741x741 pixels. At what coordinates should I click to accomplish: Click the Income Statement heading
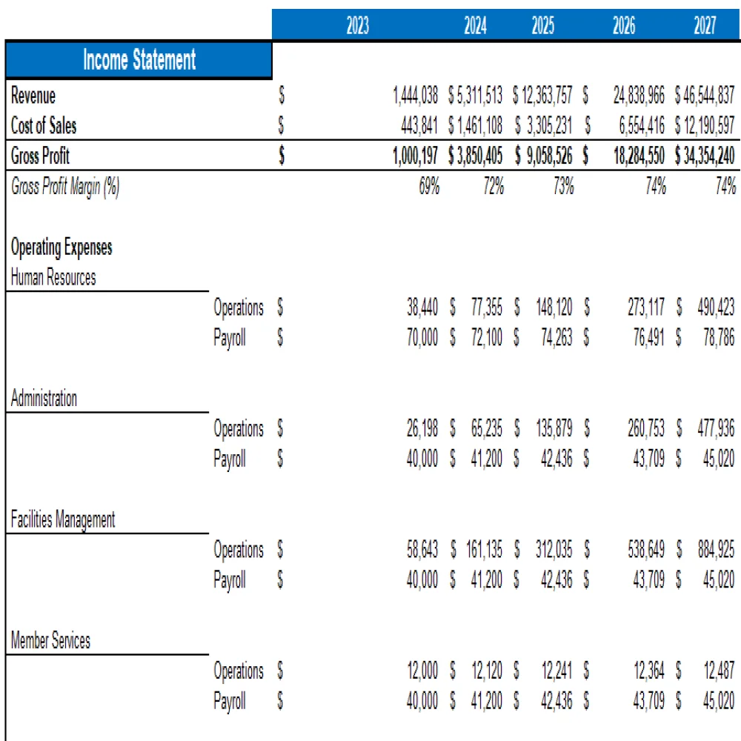pos(139,60)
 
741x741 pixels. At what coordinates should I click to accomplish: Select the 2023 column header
pos(358,27)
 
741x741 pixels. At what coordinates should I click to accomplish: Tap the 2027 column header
pos(705,27)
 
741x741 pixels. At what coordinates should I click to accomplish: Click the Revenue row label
pos(33,96)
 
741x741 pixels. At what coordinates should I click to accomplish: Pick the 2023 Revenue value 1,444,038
pos(417,96)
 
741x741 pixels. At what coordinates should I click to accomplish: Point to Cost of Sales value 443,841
pos(420,126)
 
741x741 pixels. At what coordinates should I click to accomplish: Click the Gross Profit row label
pos(41,156)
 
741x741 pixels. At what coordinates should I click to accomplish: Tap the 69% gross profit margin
pos(429,187)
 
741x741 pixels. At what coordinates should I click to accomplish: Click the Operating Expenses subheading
pos(62,247)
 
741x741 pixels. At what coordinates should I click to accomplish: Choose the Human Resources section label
pos(53,278)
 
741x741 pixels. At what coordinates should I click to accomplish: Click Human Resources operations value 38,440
pos(422,308)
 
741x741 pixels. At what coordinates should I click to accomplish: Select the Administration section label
pos(44,399)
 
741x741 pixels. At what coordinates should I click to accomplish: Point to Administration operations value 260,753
pos(645,428)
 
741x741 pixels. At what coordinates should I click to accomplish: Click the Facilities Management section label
pos(63,519)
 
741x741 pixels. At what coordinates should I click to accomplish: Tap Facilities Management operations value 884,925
pos(716,550)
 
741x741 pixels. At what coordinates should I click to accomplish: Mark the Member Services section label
pos(51,640)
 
